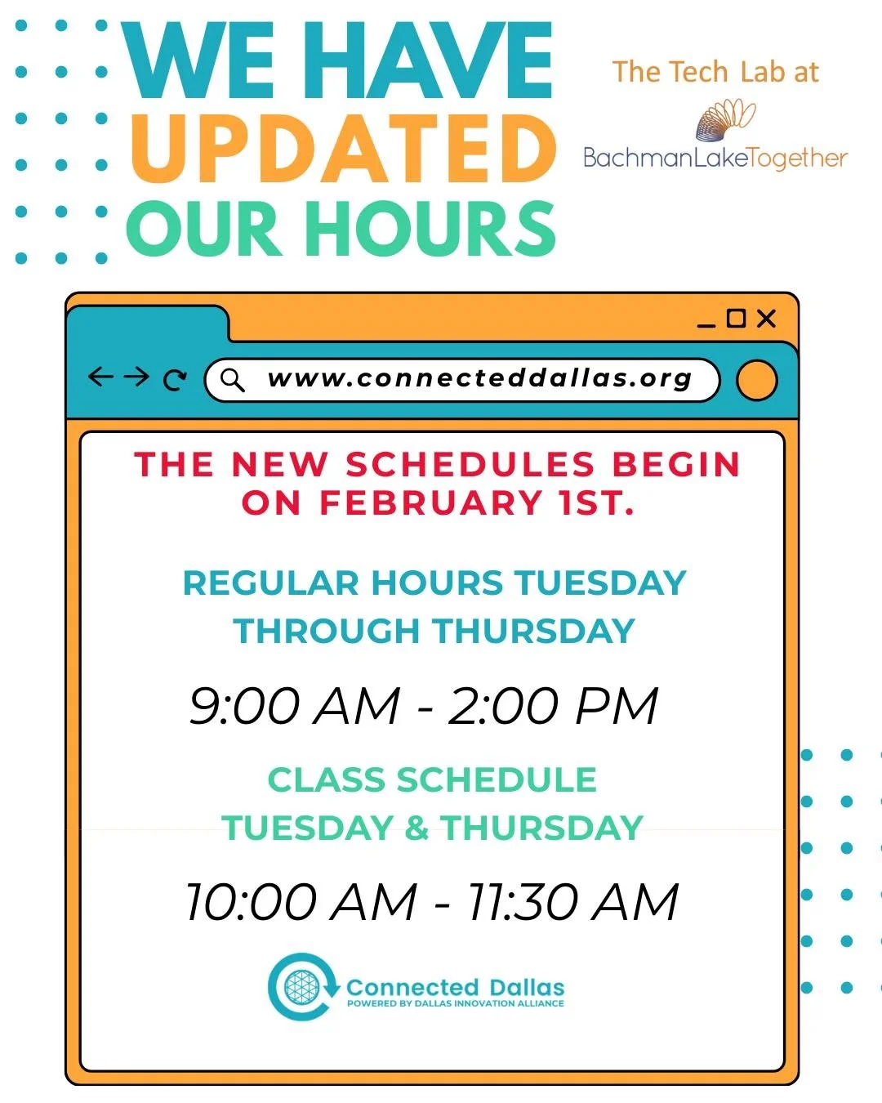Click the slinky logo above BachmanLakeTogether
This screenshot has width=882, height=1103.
click(725, 119)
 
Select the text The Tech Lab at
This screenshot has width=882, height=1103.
click(715, 72)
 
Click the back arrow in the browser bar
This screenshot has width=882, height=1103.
click(100, 377)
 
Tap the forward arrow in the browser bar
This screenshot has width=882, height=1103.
click(136, 377)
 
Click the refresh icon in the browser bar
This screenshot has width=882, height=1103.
click(174, 380)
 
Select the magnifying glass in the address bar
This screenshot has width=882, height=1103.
click(233, 379)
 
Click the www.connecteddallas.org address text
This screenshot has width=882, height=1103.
click(479, 378)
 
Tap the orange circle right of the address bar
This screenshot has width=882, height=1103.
click(756, 381)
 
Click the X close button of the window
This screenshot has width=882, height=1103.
click(766, 319)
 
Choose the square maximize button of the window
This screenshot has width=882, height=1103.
click(736, 318)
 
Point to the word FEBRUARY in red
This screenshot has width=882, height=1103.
click(430, 502)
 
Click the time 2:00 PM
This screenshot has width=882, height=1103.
click(553, 705)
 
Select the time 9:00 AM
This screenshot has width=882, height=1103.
click(295, 705)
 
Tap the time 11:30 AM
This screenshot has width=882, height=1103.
click(572, 902)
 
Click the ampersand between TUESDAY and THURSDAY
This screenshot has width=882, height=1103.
click(416, 828)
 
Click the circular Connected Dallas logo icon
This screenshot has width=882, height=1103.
click(303, 987)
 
